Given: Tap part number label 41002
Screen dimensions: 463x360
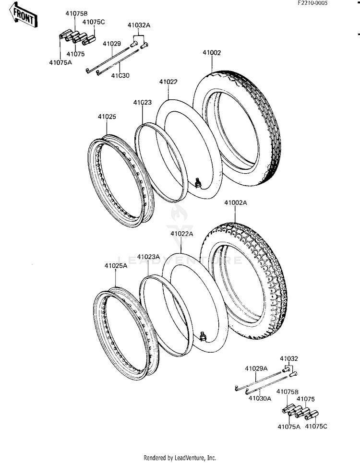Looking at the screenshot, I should [211, 53].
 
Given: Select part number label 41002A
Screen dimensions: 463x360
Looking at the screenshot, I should [235, 203].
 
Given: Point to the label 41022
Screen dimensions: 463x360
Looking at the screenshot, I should [168, 82].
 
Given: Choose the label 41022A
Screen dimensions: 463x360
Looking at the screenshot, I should [181, 234].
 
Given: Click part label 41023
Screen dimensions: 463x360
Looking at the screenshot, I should [143, 102].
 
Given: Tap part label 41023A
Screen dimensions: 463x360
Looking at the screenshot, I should [148, 257].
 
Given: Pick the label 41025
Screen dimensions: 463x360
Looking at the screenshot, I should [107, 117].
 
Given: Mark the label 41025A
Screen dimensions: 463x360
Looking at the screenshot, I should [116, 265].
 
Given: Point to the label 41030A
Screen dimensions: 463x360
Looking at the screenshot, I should [260, 398].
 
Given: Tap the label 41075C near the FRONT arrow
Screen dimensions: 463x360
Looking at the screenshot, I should [94, 22].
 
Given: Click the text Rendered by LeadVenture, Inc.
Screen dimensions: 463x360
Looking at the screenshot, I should [180, 458].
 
